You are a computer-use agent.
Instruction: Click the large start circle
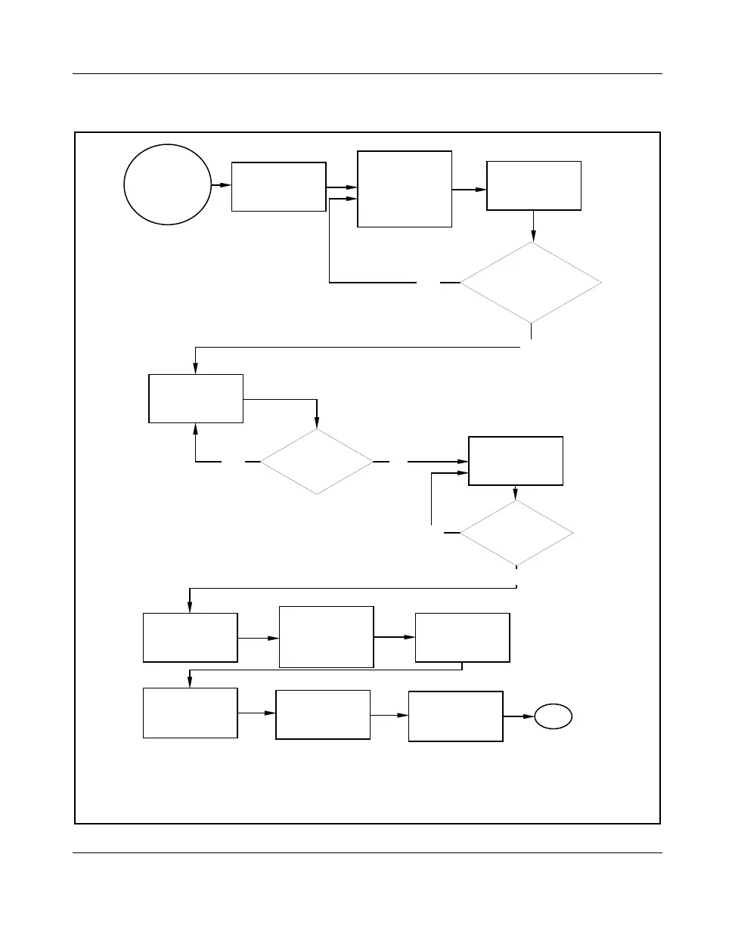coord(168,184)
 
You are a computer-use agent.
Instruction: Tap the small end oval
coord(554,716)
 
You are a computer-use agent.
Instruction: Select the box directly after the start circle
coord(278,186)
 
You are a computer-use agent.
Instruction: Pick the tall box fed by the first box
coord(405,189)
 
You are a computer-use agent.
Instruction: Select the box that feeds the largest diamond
coord(534,185)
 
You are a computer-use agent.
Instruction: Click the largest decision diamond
coord(531,283)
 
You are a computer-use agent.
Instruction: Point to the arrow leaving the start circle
coord(221,184)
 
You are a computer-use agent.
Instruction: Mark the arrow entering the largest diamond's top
coord(534,226)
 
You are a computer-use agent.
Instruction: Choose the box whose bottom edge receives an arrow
coord(197,398)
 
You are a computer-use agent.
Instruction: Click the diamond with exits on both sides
coord(317,461)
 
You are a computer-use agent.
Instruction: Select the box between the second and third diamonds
coord(516,460)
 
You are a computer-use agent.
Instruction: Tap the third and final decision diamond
coord(516,533)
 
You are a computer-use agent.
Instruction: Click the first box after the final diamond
coord(190,638)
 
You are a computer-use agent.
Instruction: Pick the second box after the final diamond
coord(326,637)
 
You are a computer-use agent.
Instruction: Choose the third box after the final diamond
coord(463,637)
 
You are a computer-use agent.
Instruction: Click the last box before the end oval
coord(455,716)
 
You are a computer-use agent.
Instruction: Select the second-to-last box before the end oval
coord(323,714)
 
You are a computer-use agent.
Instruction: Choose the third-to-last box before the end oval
coord(190,713)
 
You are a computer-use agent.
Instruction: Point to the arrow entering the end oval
coord(519,716)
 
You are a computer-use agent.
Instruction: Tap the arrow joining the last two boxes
coord(389,715)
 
